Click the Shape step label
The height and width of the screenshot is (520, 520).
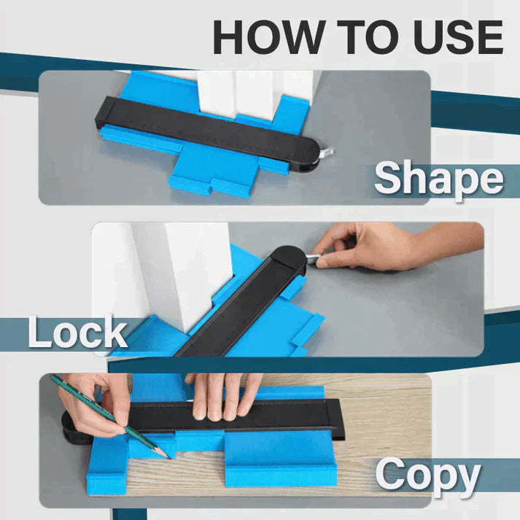(438, 179)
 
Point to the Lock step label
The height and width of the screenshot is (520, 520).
(77, 333)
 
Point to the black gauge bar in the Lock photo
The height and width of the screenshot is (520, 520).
(233, 306)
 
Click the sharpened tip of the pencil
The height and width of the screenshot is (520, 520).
(168, 456)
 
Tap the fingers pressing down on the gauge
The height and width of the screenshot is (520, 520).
(222, 397)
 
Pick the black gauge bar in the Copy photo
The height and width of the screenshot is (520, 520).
(292, 416)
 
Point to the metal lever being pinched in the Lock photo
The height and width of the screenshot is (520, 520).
(312, 259)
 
